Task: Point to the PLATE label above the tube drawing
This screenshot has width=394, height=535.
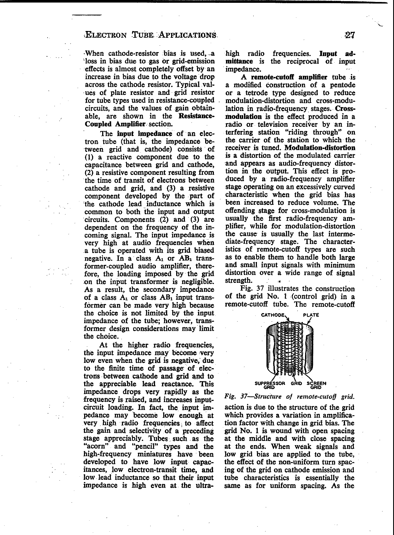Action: (x=311, y=315)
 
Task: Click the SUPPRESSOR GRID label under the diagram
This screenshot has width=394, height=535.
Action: (x=270, y=385)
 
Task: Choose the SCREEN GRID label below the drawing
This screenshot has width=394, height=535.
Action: (x=316, y=385)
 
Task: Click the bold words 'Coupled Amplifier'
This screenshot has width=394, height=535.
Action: (x=115, y=124)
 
